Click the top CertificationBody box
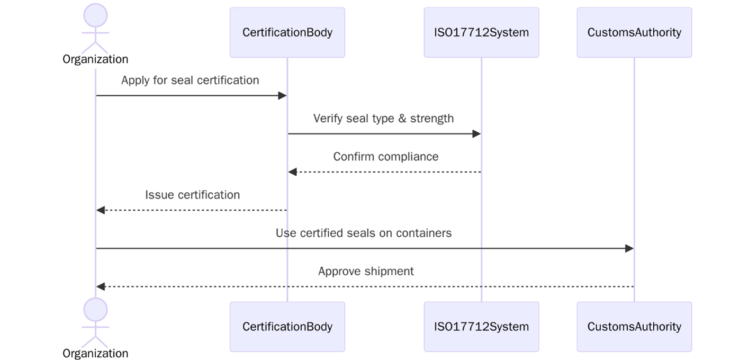click(x=287, y=32)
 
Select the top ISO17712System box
click(x=481, y=32)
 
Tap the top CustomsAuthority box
click(x=634, y=32)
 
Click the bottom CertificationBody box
click(x=287, y=327)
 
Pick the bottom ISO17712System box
click(x=481, y=327)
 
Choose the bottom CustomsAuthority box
click(x=634, y=327)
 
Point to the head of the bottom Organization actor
click(x=95, y=309)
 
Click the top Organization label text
click(x=95, y=59)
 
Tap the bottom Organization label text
click(x=95, y=353)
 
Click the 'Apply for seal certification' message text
click(x=190, y=80)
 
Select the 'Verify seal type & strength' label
click(x=383, y=118)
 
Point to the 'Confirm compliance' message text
click(x=385, y=157)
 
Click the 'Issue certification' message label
click(x=192, y=195)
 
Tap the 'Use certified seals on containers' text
click(x=364, y=233)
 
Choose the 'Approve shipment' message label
click(x=366, y=271)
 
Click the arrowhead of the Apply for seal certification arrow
click(x=283, y=96)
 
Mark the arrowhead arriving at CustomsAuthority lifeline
click(x=629, y=248)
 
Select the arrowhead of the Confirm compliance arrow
click(x=292, y=172)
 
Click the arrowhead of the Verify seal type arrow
click(x=476, y=134)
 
